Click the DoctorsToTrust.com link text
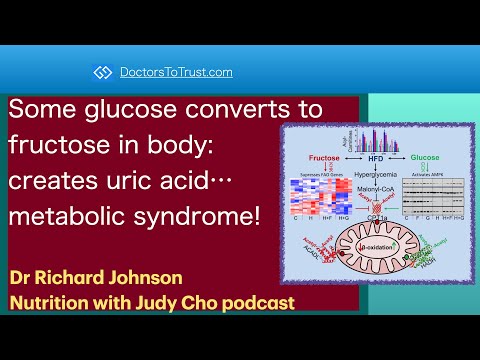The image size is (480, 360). [176, 72]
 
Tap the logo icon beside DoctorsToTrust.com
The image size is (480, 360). [102, 72]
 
